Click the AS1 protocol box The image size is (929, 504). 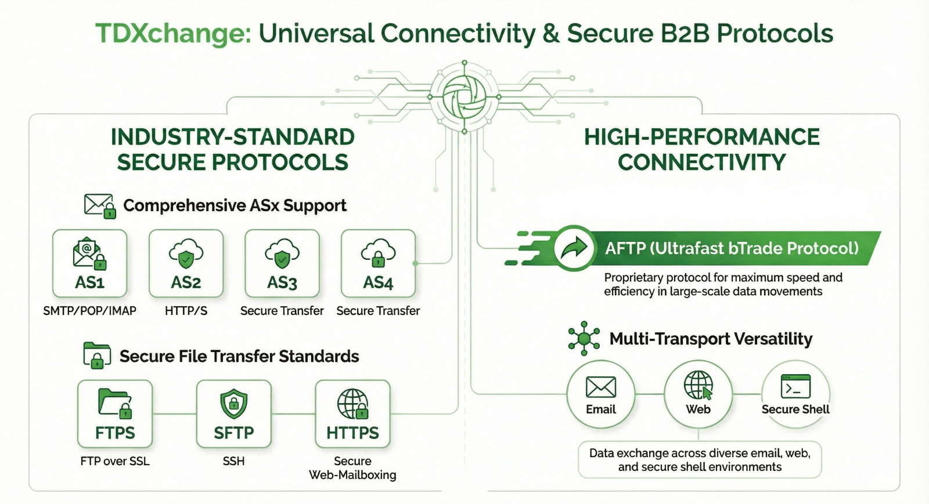tap(89, 264)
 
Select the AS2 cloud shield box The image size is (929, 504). tap(186, 264)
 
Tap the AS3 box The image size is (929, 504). tap(282, 264)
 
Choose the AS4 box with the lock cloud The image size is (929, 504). tap(378, 264)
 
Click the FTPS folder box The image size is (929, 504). tap(115, 414)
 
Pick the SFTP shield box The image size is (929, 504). tap(234, 414)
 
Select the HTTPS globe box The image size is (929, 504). tap(352, 414)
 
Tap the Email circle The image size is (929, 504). tap(601, 394)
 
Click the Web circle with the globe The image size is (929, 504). tap(698, 394)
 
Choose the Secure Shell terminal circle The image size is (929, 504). tap(795, 394)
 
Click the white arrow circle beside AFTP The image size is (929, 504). tap(574, 248)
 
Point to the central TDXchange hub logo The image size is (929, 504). tap(464, 96)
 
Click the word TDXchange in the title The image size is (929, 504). tap(173, 34)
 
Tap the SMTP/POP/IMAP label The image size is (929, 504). tap(89, 311)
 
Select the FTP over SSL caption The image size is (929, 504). tap(115, 461)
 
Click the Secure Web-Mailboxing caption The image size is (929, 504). tap(352, 468)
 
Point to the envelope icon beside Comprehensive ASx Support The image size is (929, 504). tap(99, 206)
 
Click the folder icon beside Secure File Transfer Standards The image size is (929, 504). tap(97, 355)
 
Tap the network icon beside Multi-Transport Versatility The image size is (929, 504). tap(584, 338)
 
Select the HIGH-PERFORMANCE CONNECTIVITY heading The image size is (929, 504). tap(701, 150)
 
